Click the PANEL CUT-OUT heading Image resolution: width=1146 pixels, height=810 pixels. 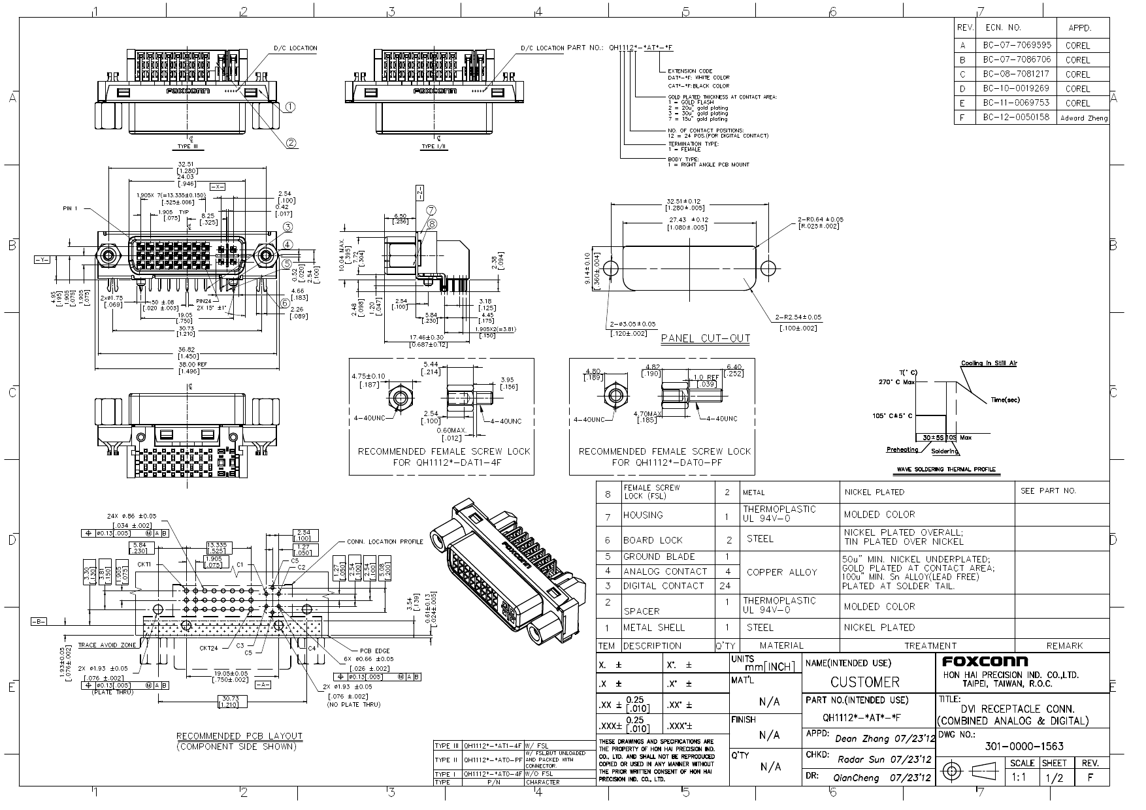pyautogui.click(x=706, y=338)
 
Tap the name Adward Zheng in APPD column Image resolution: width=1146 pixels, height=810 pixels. pyautogui.click(x=1084, y=118)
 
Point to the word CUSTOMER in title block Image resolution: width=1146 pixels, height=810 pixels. pyautogui.click(x=865, y=682)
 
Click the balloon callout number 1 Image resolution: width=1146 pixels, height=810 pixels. pyautogui.click(x=290, y=106)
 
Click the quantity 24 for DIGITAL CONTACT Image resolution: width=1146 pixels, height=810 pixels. pyautogui.click(x=725, y=585)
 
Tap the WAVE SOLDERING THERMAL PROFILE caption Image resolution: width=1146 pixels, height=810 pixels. pyautogui.click(x=947, y=469)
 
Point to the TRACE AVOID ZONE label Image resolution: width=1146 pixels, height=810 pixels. pyautogui.click(x=107, y=645)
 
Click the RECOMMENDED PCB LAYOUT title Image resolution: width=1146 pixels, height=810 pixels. pyautogui.click(x=239, y=736)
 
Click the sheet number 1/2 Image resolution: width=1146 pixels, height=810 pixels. pyautogui.click(x=1053, y=778)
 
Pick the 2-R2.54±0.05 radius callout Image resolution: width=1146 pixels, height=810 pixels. pyautogui.click(x=798, y=317)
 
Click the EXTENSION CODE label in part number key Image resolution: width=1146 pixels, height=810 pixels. pyautogui.click(x=690, y=71)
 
